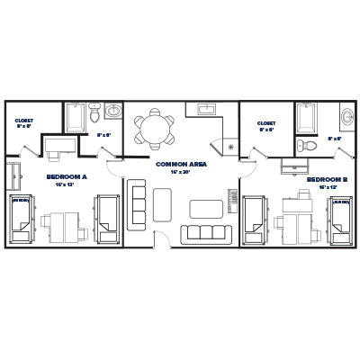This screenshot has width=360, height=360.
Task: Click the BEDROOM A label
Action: (66, 177)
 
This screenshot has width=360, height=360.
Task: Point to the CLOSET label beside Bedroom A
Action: (25, 121)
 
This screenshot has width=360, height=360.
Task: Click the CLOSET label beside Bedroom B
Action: (266, 123)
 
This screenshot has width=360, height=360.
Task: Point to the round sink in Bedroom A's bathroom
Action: (112, 112)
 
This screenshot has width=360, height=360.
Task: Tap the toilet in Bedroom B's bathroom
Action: (310, 144)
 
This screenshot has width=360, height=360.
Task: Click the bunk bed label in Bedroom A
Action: (17, 202)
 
